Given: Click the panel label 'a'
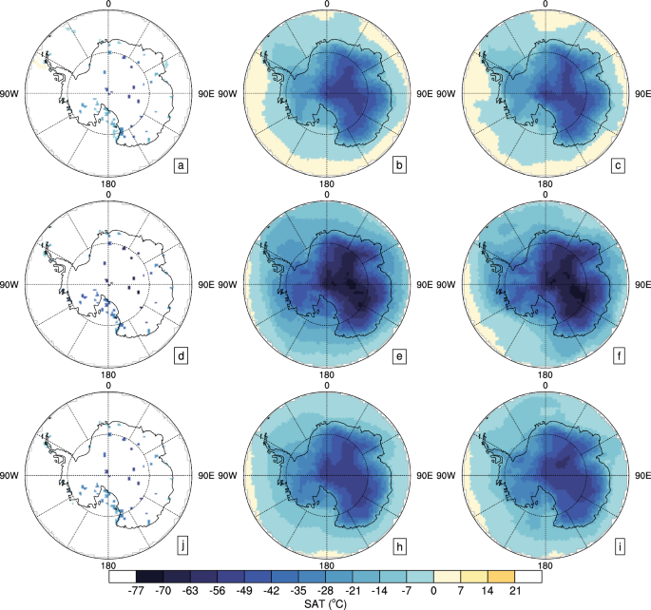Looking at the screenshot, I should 179,168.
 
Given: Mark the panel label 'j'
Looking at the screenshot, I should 179,543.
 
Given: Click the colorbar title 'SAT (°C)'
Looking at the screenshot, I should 326,602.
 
